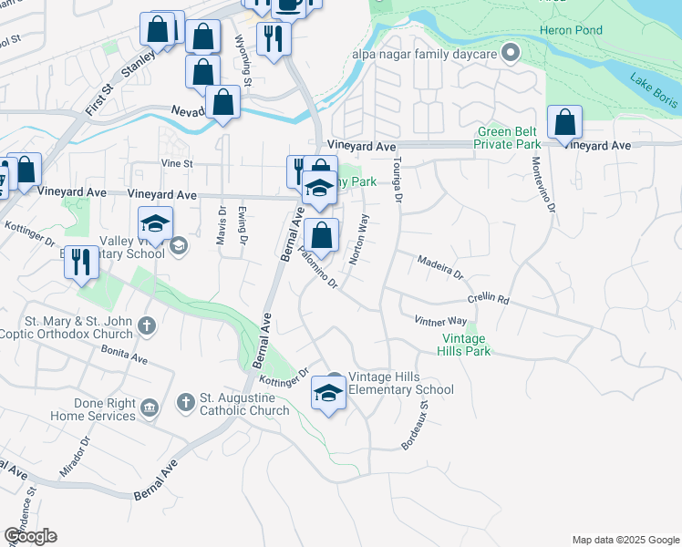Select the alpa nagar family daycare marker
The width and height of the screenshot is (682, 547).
pos(511,52)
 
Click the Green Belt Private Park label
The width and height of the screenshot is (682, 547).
pos(509,137)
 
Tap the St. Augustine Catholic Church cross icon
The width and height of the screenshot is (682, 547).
pos(185,401)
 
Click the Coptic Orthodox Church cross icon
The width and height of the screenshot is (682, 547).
pos(146,325)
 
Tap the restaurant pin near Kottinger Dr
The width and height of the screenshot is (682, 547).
pos(81,263)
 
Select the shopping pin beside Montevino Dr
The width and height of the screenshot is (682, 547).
pos(565,123)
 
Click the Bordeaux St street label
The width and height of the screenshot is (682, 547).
pos(416,423)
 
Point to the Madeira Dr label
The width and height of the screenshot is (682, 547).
pos(440,266)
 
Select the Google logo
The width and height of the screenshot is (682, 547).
pos(30,536)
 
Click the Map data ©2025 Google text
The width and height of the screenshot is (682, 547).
pos(625,540)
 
